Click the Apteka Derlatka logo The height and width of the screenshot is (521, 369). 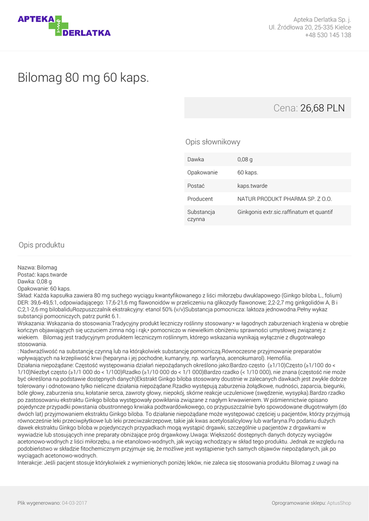click(64, 25)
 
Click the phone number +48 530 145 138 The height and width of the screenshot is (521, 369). click(328, 35)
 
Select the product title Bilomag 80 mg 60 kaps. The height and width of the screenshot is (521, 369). click(83, 78)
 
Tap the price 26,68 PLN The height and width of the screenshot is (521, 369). click(322, 108)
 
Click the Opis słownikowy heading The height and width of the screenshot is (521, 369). click(213, 142)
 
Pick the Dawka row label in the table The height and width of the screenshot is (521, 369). click(195, 159)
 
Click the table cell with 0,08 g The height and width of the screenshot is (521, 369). click(245, 159)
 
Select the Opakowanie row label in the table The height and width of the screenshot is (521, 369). click(202, 172)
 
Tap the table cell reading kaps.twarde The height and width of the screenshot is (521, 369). click(252, 186)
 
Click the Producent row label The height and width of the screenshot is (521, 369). click(200, 199)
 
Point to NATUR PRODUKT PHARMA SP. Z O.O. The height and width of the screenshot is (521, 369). click(285, 199)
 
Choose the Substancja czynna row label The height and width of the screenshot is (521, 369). click(201, 215)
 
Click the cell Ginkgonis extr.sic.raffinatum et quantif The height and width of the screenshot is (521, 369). click(285, 212)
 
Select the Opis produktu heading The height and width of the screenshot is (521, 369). click(41, 245)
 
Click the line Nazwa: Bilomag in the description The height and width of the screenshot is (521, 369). click(37, 268)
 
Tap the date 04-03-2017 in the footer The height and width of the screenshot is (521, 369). click(74, 503)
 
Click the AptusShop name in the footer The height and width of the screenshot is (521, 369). click(339, 503)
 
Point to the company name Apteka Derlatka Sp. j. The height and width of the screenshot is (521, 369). click(322, 19)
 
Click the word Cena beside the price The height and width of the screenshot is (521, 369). click(285, 108)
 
